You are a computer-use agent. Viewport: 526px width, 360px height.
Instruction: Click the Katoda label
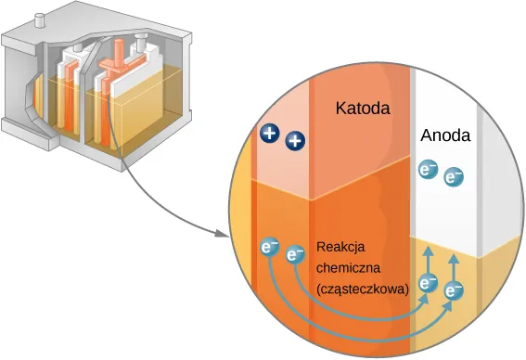coord(363,109)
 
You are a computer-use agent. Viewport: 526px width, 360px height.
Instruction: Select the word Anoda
coord(445,135)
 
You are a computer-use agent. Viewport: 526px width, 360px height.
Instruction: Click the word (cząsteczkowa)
coord(363,289)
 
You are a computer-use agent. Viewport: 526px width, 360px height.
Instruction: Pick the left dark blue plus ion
coord(270,134)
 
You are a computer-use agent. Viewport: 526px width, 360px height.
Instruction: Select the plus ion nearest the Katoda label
coord(295,141)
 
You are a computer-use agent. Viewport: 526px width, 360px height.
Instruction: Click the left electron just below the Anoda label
coord(428,170)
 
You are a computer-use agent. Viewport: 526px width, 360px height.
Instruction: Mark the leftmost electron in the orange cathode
coord(270,248)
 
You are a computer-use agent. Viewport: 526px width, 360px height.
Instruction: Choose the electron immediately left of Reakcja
coord(296,253)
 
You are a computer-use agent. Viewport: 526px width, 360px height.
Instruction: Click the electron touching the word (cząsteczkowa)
coord(428,284)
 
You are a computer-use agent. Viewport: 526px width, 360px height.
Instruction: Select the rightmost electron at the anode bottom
coord(454,291)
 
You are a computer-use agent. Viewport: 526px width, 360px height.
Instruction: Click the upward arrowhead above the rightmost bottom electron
coord(454,260)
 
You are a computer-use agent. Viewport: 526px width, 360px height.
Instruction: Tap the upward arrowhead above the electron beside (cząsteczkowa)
coord(428,251)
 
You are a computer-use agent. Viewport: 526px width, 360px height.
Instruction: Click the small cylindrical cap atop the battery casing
coord(40,18)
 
